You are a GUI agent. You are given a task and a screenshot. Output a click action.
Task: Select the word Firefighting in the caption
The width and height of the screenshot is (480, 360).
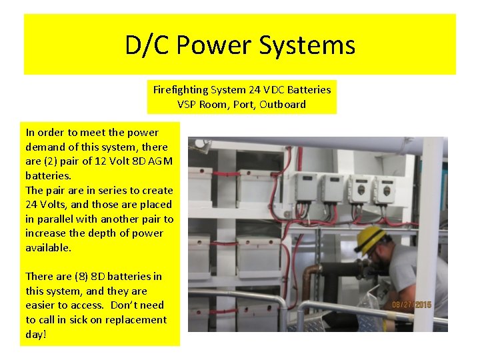tap(180, 89)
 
